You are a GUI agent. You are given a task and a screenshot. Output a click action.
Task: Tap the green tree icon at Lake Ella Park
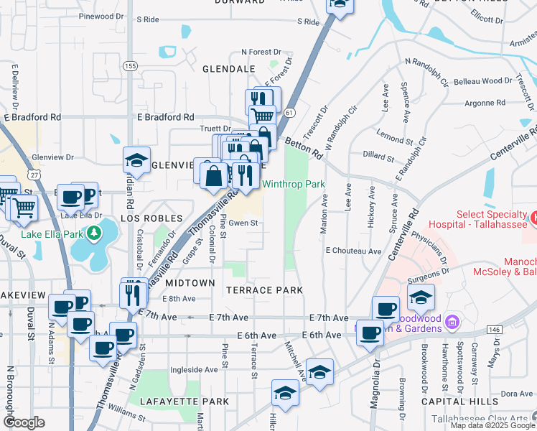tap(93, 233)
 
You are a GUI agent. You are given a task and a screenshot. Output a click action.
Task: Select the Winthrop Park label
tap(293, 185)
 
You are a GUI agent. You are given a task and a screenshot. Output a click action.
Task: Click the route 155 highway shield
tap(130, 65)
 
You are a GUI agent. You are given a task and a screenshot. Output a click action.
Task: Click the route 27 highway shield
tap(34, 174)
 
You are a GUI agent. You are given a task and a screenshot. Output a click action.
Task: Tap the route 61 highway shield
tap(289, 113)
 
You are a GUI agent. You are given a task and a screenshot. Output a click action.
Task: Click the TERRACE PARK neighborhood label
tap(264, 290)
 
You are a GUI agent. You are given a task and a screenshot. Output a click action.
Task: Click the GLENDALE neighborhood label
tap(229, 68)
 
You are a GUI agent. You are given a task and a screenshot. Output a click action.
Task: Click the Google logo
tap(24, 422)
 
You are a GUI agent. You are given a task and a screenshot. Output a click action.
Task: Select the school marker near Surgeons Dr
tap(421, 297)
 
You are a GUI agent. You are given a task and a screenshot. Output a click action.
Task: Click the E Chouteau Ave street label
tap(352, 251)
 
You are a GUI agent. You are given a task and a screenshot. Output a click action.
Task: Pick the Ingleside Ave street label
tap(194, 370)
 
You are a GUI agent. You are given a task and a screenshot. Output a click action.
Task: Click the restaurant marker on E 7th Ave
tap(133, 293)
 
